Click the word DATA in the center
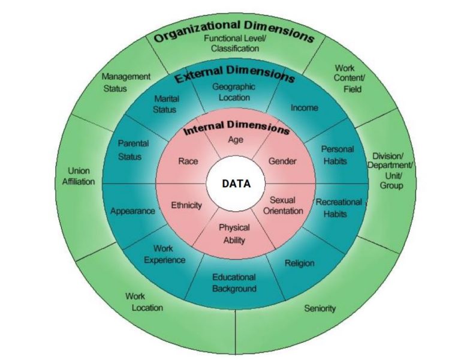(236, 184)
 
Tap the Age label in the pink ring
(236, 140)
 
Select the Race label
(188, 161)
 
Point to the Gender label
(282, 161)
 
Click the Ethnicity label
(186, 205)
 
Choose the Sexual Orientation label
(283, 205)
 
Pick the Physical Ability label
(234, 234)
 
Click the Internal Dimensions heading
(236, 127)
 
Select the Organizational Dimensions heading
(234, 31)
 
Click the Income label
(304, 108)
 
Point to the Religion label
(300, 263)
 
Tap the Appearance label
(132, 211)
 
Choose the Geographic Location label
(234, 92)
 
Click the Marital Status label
(165, 104)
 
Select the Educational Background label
(234, 283)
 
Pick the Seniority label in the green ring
(320, 308)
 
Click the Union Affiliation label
(79, 176)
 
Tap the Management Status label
(125, 82)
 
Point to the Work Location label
(144, 302)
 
